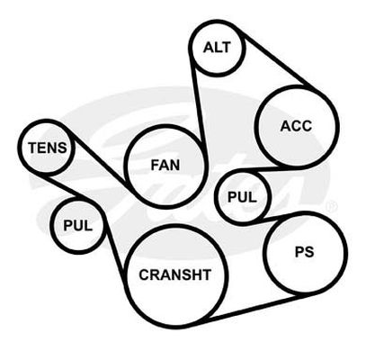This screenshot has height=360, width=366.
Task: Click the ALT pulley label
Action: pyautogui.click(x=218, y=48)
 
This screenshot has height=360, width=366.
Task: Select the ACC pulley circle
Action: pyautogui.click(x=297, y=126)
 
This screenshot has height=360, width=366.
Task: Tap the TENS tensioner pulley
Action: pyautogui.click(x=48, y=148)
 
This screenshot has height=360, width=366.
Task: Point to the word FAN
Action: pyautogui.click(x=165, y=165)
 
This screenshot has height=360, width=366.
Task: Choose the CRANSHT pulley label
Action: pyautogui.click(x=175, y=274)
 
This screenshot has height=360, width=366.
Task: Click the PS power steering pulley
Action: pyautogui.click(x=305, y=253)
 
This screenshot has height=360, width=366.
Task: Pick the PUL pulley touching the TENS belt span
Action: pyautogui.click(x=78, y=225)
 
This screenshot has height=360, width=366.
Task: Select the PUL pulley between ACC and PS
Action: pyautogui.click(x=243, y=197)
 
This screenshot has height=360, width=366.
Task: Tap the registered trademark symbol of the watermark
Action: pyautogui.click(x=332, y=206)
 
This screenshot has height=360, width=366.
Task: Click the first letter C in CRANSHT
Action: pyautogui.click(x=145, y=274)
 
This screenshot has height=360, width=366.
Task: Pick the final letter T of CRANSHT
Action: pyautogui.click(x=207, y=274)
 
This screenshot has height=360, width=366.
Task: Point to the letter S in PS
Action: pyautogui.click(x=309, y=252)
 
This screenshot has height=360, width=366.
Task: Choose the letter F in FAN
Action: pyautogui.click(x=155, y=165)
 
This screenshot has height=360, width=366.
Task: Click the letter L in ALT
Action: pyautogui.click(x=219, y=48)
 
